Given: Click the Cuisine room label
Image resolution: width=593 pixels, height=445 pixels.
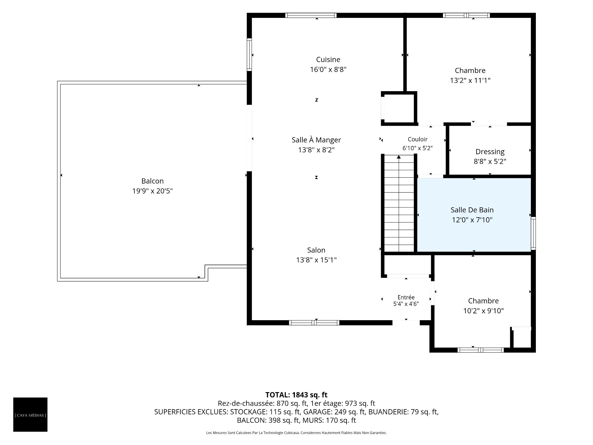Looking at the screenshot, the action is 328,59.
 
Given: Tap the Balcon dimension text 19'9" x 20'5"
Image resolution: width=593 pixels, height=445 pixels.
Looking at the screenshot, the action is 152,191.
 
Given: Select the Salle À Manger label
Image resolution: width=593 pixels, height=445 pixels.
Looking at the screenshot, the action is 316,140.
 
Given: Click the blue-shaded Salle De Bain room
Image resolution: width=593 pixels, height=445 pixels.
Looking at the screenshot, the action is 474,215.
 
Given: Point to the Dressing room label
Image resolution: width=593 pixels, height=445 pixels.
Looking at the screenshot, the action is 490,152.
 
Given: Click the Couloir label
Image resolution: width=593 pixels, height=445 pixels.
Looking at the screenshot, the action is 418,139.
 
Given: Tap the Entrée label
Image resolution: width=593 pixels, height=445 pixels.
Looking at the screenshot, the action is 406,297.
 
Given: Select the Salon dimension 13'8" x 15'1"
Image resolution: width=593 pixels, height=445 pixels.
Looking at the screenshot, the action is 316,260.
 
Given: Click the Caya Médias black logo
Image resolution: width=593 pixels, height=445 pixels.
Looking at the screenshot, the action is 30,414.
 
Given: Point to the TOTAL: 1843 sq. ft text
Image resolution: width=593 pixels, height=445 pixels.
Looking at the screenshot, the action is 296,395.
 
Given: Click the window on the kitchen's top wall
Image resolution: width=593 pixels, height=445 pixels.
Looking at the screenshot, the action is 311,15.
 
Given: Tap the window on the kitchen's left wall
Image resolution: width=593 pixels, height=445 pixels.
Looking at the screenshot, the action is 249,55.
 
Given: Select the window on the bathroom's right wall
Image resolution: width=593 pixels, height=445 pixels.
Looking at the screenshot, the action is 533,233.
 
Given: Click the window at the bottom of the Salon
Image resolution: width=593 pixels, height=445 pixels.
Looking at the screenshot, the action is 314,323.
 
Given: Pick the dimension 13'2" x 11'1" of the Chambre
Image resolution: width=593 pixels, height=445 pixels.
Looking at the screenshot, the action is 470,81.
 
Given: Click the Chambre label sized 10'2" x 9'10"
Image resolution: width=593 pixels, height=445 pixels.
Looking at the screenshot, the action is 483,301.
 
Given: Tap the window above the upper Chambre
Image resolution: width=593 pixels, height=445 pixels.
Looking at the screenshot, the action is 466,15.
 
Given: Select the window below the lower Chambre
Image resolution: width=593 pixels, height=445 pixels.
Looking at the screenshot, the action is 481,350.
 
